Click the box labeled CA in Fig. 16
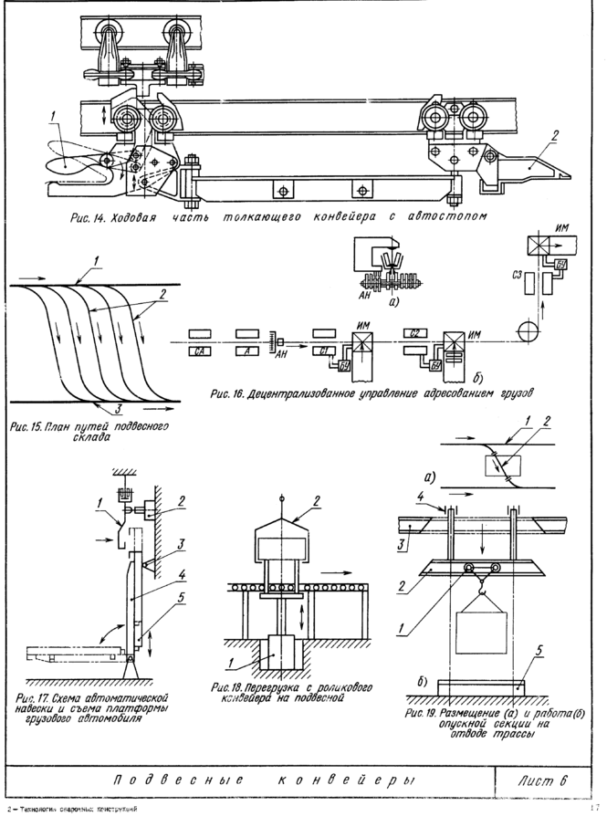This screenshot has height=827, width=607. coord(200,351)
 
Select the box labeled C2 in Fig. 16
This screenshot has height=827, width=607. coord(415,332)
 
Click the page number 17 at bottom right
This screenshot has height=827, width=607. coord(593,808)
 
